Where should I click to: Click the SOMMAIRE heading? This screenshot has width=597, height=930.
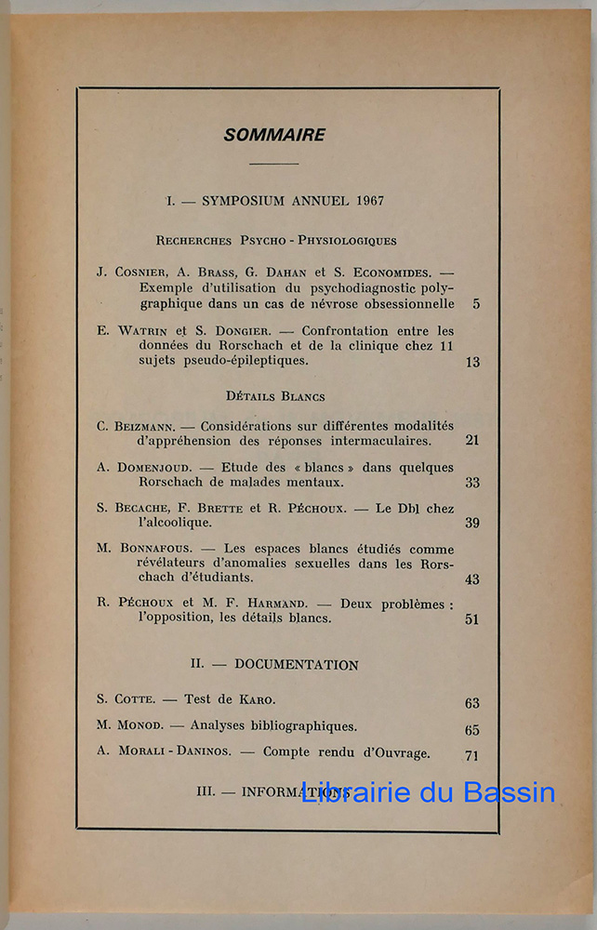click(x=274, y=135)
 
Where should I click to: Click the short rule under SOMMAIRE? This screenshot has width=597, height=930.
click(x=274, y=164)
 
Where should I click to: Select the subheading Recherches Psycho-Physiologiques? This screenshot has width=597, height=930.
click(x=276, y=240)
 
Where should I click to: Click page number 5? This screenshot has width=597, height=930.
click(x=476, y=304)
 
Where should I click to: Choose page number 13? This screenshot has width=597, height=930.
click(x=473, y=362)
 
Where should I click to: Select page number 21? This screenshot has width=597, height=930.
click(x=472, y=440)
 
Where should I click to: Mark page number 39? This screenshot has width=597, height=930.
click(x=472, y=523)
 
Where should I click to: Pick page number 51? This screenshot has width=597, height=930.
click(x=472, y=618)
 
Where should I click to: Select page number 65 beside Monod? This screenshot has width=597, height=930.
click(x=472, y=730)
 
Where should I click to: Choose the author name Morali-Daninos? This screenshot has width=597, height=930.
click(x=166, y=753)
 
